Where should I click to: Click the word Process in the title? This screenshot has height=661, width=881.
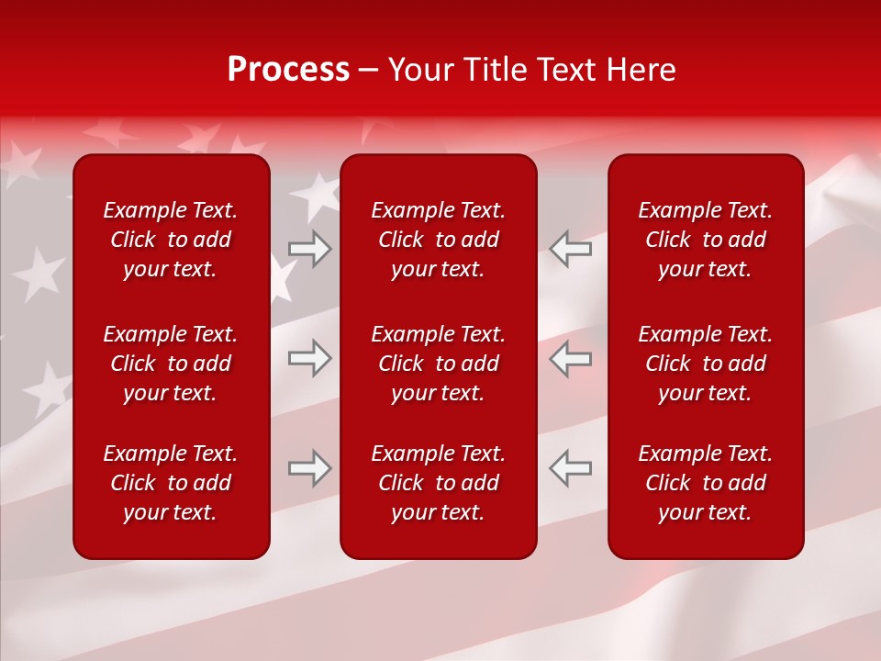[288, 70]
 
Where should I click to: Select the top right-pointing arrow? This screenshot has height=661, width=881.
[309, 249]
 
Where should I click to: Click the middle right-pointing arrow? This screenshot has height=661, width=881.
[309, 358]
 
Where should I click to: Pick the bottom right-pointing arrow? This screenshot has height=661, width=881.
[309, 468]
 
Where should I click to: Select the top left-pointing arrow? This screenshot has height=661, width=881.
[571, 249]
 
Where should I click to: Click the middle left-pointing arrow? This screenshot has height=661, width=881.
[571, 358]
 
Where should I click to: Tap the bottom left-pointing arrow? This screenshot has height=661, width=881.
[571, 468]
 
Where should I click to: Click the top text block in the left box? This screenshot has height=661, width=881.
[171, 240]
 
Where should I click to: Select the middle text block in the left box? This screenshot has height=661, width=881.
[171, 364]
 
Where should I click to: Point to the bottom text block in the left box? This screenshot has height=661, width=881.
[171, 483]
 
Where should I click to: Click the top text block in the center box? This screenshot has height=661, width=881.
[438, 240]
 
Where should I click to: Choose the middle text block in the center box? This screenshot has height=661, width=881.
[438, 364]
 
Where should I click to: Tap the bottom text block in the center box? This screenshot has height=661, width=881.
[438, 483]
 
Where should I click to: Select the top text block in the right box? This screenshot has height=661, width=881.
[705, 240]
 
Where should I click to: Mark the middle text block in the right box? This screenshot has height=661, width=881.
[705, 364]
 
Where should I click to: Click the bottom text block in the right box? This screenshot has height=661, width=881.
[705, 483]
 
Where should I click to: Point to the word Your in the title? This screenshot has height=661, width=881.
[423, 70]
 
